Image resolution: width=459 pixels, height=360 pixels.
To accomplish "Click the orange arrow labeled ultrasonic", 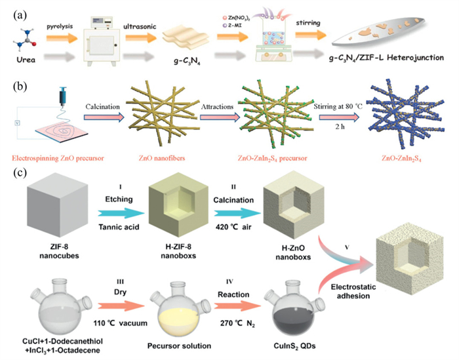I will pyautogui.click(x=140, y=38).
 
